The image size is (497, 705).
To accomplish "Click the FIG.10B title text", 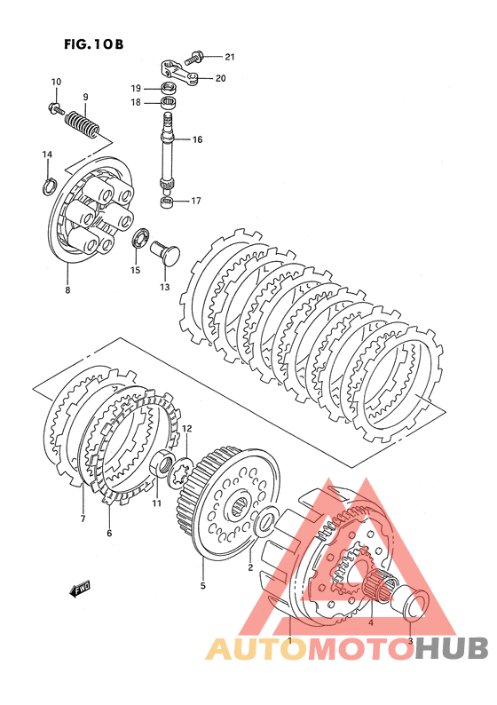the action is click(94, 44).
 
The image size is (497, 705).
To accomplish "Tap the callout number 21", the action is click(230, 57).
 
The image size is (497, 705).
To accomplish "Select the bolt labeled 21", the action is click(196, 57).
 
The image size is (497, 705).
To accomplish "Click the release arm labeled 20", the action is click(180, 72).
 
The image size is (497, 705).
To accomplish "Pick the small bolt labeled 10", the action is click(56, 108).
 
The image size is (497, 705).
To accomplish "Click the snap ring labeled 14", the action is click(49, 186).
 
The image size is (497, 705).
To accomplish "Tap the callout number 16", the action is click(198, 139).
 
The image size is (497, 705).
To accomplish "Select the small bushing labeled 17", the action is click(167, 201).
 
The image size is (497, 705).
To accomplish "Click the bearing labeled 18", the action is click(169, 102).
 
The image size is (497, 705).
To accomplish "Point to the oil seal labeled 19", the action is click(169, 87).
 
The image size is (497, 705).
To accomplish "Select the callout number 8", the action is click(67, 290).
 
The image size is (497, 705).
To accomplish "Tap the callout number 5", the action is click(202, 586).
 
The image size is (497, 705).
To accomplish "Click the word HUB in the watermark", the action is click(451, 648).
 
